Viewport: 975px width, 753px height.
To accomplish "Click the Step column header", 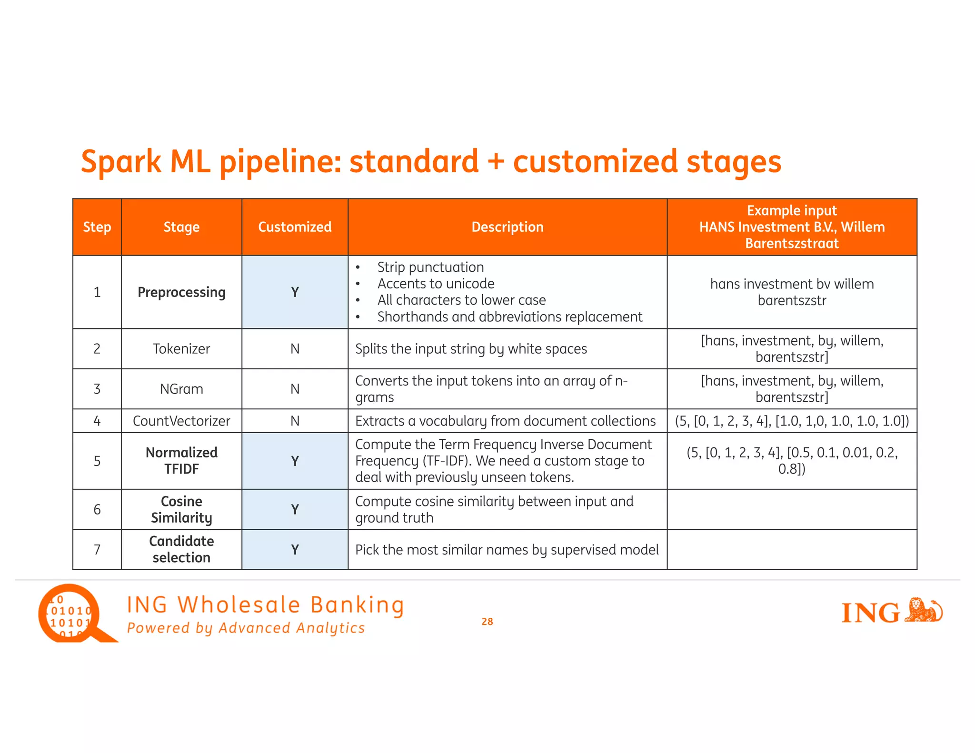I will tap(97, 227).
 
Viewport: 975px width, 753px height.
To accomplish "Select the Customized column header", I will tap(295, 227).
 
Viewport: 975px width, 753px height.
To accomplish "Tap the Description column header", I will tap(507, 227).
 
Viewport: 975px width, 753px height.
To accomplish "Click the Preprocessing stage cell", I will tap(181, 292).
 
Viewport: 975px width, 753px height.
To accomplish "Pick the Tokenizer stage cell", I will tap(181, 349).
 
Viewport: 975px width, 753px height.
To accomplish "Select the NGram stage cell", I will tap(181, 389).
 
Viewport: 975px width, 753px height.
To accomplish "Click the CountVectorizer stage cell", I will tap(181, 421).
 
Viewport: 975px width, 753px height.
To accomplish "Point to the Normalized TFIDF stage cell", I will tap(181, 461).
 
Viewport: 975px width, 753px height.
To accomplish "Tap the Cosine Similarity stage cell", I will tap(181, 509).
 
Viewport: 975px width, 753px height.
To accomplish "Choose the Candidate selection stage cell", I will tap(181, 549).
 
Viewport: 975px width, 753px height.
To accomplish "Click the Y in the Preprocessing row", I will tap(295, 292).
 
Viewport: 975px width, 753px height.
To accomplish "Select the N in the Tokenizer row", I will tap(295, 349).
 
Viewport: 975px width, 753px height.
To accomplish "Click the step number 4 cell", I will tap(97, 421).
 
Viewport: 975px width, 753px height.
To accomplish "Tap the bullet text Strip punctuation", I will tap(430, 267).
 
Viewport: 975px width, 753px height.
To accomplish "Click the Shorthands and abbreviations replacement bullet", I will tap(509, 317).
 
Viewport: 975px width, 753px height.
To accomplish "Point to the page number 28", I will tap(487, 622).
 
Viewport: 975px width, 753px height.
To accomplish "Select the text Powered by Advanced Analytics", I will tap(246, 628).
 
